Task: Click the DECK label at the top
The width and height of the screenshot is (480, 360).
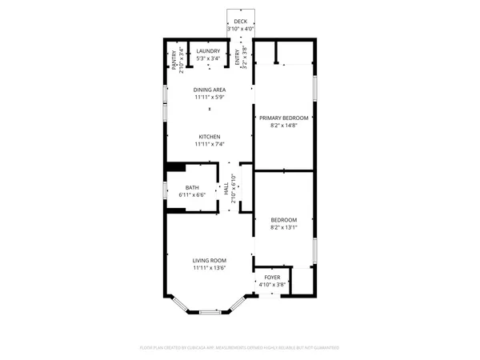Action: tap(241, 22)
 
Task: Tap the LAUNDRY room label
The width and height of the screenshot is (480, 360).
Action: tap(209, 51)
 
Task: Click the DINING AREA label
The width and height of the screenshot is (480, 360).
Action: tap(210, 90)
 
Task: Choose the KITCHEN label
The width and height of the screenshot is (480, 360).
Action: tap(210, 137)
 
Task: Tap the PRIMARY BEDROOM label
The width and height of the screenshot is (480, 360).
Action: tap(284, 118)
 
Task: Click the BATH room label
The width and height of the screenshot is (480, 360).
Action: tap(192, 188)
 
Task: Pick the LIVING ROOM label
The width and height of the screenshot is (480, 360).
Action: tap(210, 261)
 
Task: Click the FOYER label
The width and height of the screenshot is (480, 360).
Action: tap(273, 277)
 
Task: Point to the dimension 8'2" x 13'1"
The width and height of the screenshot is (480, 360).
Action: tap(284, 227)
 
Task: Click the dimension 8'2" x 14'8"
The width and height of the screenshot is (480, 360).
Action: tap(284, 125)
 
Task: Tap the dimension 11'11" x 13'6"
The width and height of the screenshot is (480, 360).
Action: tap(210, 268)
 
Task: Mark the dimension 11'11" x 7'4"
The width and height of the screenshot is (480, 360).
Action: tap(210, 144)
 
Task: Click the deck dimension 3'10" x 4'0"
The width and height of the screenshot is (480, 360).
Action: tap(241, 29)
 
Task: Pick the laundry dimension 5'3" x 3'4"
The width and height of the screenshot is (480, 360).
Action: tap(209, 58)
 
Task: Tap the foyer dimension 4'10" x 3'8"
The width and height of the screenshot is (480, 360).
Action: tap(273, 284)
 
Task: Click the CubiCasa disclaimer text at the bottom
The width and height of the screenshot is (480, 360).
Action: tap(240, 348)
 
